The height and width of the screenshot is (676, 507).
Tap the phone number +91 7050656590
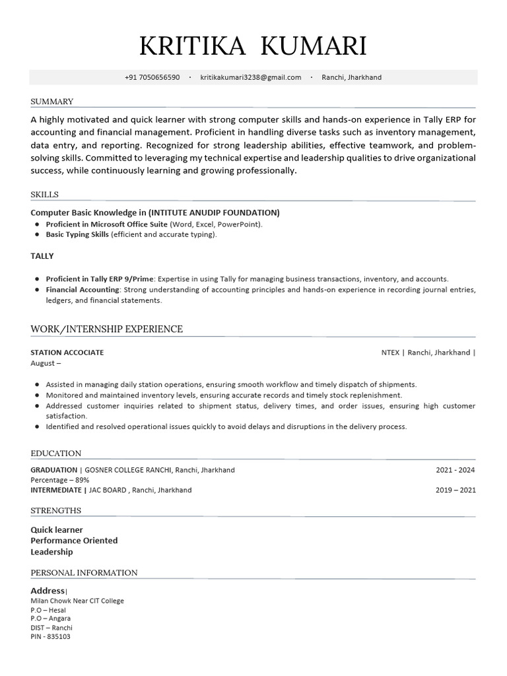(x=152, y=77)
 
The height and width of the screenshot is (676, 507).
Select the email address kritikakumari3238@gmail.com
(x=250, y=77)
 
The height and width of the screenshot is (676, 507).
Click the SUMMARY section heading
(x=51, y=102)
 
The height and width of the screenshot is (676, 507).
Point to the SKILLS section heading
(x=44, y=195)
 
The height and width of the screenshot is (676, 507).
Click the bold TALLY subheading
(x=42, y=256)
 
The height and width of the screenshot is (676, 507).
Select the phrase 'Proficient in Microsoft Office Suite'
(x=106, y=224)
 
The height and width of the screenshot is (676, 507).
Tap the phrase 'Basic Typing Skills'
(x=77, y=234)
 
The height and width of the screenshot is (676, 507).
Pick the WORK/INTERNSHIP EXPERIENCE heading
(x=106, y=329)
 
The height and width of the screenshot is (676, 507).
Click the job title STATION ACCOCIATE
(x=67, y=353)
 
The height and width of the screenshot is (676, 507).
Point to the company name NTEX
(x=390, y=353)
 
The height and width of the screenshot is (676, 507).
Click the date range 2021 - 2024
(x=455, y=471)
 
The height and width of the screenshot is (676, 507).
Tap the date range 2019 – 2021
(x=455, y=490)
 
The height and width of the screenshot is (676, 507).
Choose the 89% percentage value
(x=81, y=480)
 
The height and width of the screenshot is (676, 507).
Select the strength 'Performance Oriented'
(x=74, y=541)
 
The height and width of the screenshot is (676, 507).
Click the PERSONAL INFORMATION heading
(x=84, y=573)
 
